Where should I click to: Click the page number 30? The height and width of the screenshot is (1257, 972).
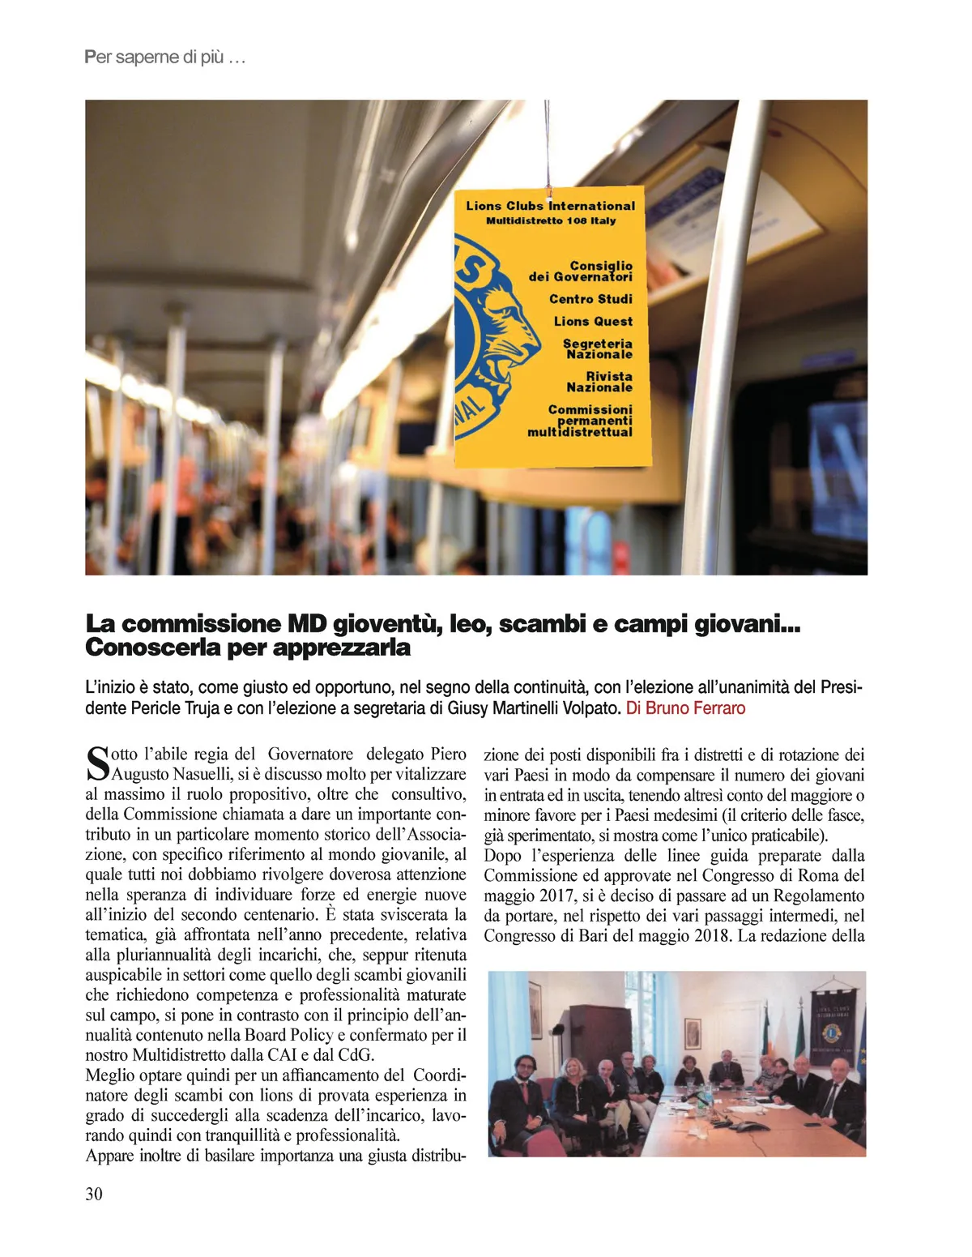[94, 1194]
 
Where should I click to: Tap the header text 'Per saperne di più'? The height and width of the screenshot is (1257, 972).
[164, 58]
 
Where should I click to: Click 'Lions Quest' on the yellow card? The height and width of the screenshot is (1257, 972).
[593, 322]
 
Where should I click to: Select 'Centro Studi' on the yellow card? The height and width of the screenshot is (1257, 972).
[590, 299]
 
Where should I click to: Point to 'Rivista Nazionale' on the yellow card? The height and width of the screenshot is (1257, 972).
[599, 382]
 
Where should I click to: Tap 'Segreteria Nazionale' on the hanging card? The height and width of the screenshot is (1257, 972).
[598, 348]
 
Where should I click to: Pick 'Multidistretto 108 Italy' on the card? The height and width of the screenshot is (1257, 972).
[551, 220]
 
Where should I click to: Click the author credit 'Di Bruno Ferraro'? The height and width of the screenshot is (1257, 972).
[685, 708]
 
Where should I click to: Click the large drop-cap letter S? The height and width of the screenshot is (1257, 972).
[96, 763]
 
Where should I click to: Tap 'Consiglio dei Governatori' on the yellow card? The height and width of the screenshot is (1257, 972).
[581, 271]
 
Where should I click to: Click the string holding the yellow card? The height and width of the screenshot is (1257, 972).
[548, 146]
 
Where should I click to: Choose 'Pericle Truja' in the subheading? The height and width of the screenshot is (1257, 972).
[173, 708]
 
